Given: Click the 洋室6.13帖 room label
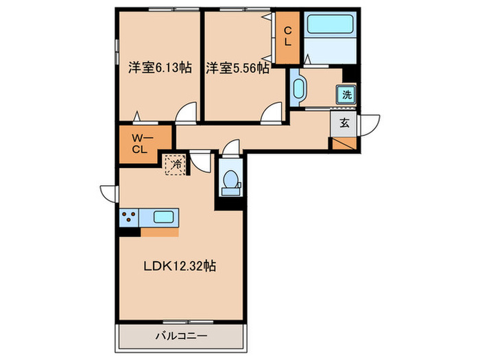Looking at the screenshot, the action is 160,67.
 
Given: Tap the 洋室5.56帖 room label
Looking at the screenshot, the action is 237,68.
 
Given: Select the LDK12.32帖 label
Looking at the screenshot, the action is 180,266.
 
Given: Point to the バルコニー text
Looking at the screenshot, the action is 182,336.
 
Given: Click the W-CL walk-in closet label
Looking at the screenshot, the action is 142,144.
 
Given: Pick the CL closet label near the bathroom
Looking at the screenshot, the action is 288,36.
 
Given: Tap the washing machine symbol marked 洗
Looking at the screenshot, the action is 346,95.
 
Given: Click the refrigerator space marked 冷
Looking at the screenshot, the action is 176,165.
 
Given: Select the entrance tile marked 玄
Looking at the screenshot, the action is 344,123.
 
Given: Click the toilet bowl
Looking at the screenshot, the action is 231,179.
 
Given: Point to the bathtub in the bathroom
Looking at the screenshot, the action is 330,24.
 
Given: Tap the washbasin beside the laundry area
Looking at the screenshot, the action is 299,88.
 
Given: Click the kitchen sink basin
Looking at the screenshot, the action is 164,217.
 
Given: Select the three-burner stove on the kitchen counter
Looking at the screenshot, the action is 129,217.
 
